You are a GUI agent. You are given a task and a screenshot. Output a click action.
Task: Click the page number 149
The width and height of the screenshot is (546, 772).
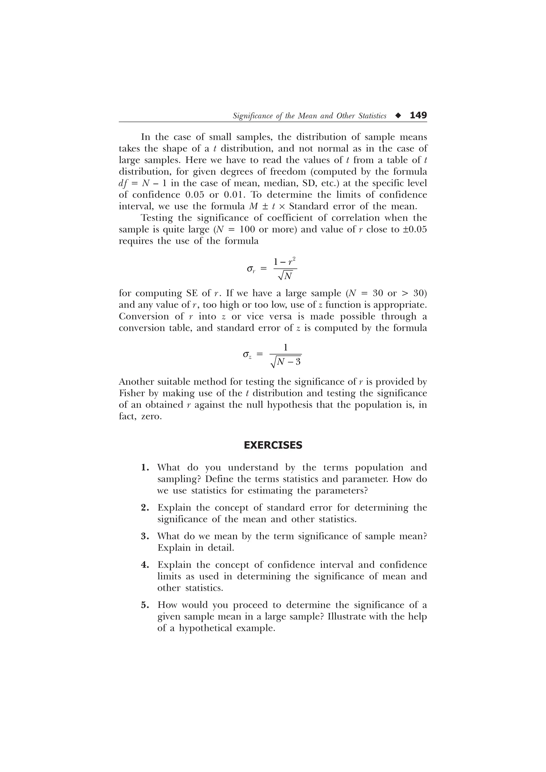418,115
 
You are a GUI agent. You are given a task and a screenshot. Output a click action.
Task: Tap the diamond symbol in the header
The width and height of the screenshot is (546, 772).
398,116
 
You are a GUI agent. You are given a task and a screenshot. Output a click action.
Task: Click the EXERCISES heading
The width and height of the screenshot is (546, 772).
273,445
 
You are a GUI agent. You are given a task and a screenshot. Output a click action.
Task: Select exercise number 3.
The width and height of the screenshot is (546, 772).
145,536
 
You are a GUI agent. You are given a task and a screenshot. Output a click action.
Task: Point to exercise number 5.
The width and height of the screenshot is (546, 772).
145,605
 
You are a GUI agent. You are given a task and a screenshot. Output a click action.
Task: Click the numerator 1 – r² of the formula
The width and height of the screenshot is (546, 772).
285,261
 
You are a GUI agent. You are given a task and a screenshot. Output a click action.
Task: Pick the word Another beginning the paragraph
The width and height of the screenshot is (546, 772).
136,382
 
